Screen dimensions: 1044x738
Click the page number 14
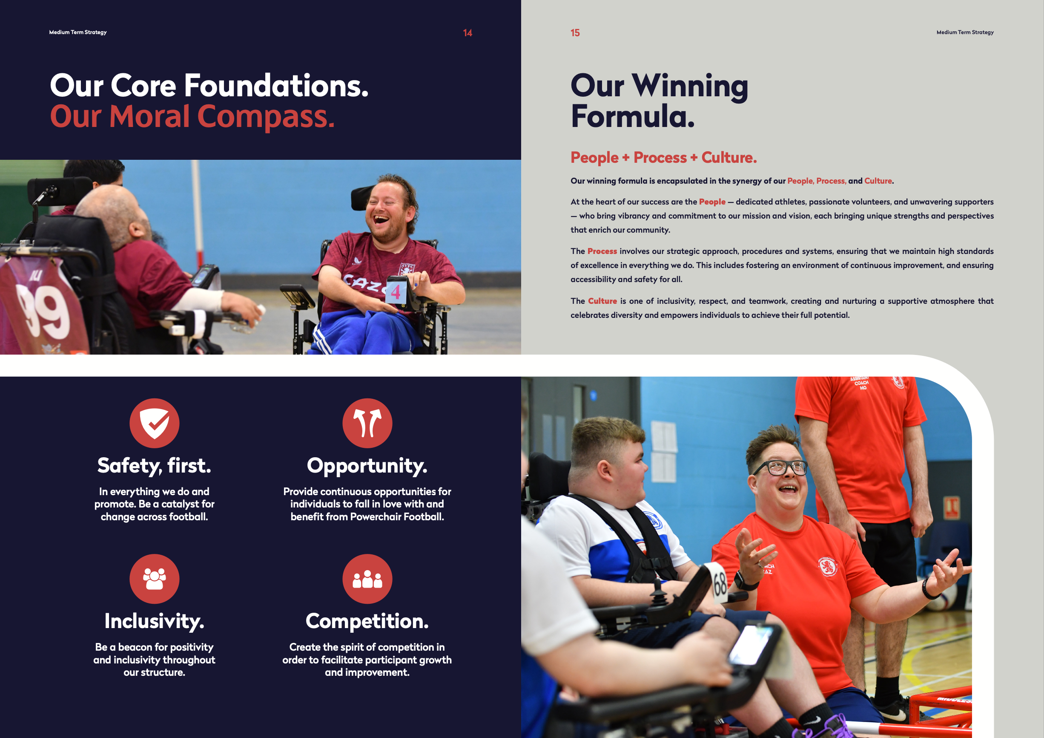[468, 33]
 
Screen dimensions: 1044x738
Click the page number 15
[575, 33]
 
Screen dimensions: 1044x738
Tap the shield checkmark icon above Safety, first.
[155, 423]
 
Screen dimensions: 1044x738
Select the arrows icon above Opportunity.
[367, 423]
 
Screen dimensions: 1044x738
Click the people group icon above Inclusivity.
[155, 579]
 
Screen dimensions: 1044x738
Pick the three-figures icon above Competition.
[367, 579]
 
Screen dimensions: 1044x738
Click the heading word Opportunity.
[367, 466]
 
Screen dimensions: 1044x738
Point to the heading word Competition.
[367, 622]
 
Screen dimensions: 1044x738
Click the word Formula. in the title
[633, 116]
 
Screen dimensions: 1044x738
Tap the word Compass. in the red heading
[266, 117]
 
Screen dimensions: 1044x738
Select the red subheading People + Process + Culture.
[664, 157]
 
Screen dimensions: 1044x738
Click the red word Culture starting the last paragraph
[602, 301]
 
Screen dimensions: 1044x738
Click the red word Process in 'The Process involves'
[602, 251]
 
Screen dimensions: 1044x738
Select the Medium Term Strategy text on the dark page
[78, 32]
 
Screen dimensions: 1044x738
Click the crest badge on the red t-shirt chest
[828, 566]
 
